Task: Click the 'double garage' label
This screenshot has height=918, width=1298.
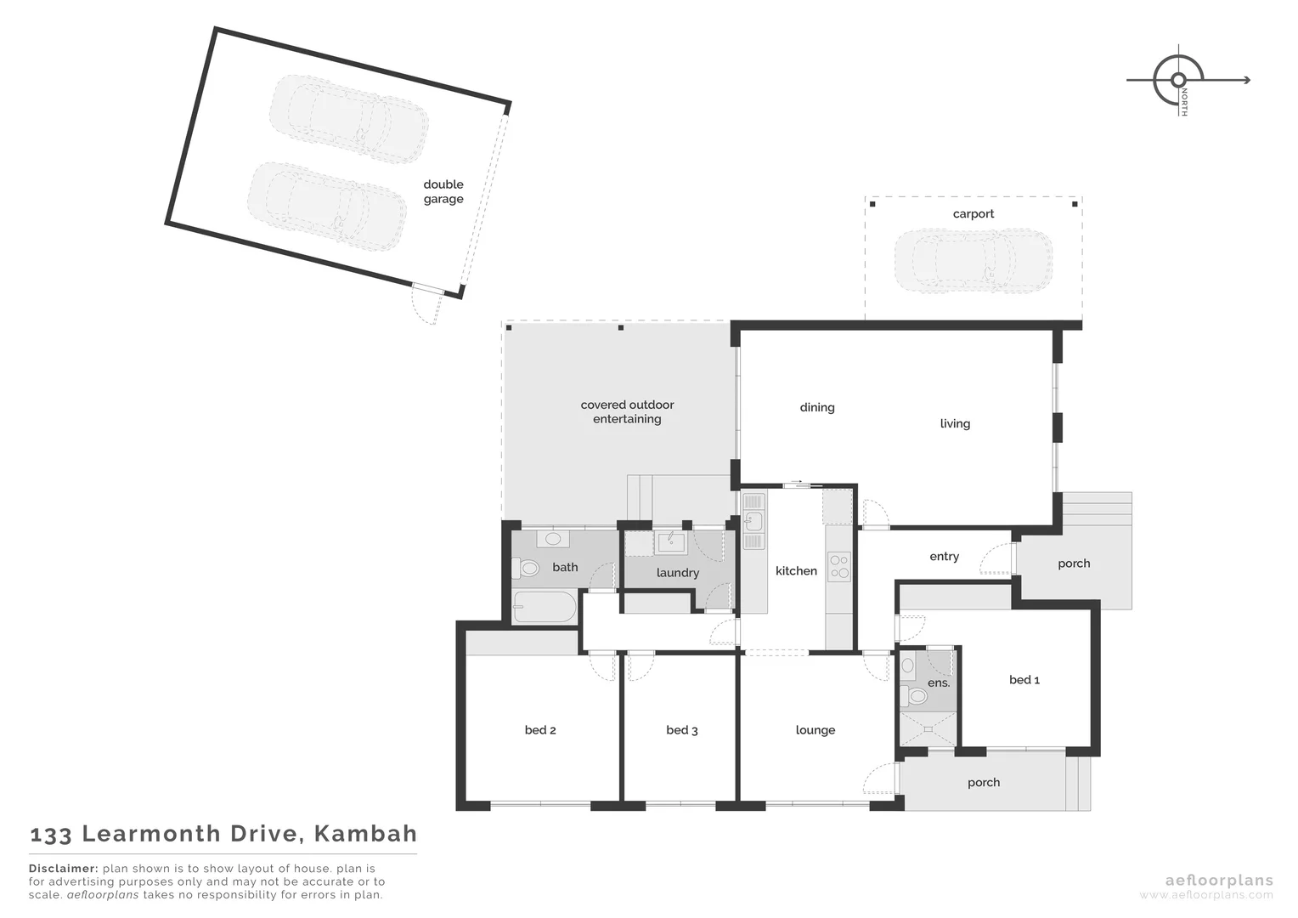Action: tap(443, 191)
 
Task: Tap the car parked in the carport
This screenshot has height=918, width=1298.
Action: tap(973, 260)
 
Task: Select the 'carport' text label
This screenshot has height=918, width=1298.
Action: tap(973, 214)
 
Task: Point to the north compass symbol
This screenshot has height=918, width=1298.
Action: tap(1178, 80)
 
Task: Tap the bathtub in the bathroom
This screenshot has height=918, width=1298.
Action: tap(545, 607)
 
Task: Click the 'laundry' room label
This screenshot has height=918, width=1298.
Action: tap(677, 573)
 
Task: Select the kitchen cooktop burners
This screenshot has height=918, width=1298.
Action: tap(838, 567)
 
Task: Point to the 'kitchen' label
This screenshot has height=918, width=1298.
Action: tap(796, 571)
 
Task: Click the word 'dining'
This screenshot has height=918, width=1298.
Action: tap(816, 408)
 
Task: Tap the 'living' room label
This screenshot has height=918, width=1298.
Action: tap(955, 424)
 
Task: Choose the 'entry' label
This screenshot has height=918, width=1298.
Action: tap(944, 557)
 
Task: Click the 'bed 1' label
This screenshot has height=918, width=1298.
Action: tap(1024, 680)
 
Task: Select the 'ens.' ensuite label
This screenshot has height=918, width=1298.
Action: tap(938, 683)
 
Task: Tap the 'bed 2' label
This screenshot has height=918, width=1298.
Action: tap(540, 730)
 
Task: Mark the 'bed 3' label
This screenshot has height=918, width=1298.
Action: tap(681, 730)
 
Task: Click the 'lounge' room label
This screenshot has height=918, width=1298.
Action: tap(815, 730)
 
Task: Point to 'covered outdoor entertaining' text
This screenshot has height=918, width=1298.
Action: tap(627, 412)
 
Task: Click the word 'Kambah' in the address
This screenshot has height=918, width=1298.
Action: tap(365, 834)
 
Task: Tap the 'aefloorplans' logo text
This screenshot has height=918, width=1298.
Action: tap(1218, 881)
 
